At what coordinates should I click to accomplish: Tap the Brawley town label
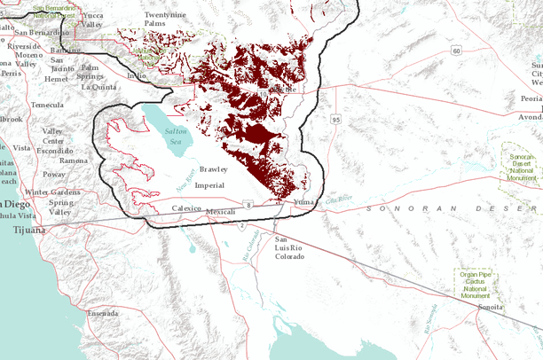click(x=214, y=168)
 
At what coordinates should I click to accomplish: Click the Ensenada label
click(x=103, y=313)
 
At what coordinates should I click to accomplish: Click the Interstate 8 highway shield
click(x=249, y=205)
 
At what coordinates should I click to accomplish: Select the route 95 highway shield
click(x=336, y=118)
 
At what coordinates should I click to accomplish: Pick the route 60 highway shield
click(x=456, y=51)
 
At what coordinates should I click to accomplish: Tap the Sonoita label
click(x=490, y=307)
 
